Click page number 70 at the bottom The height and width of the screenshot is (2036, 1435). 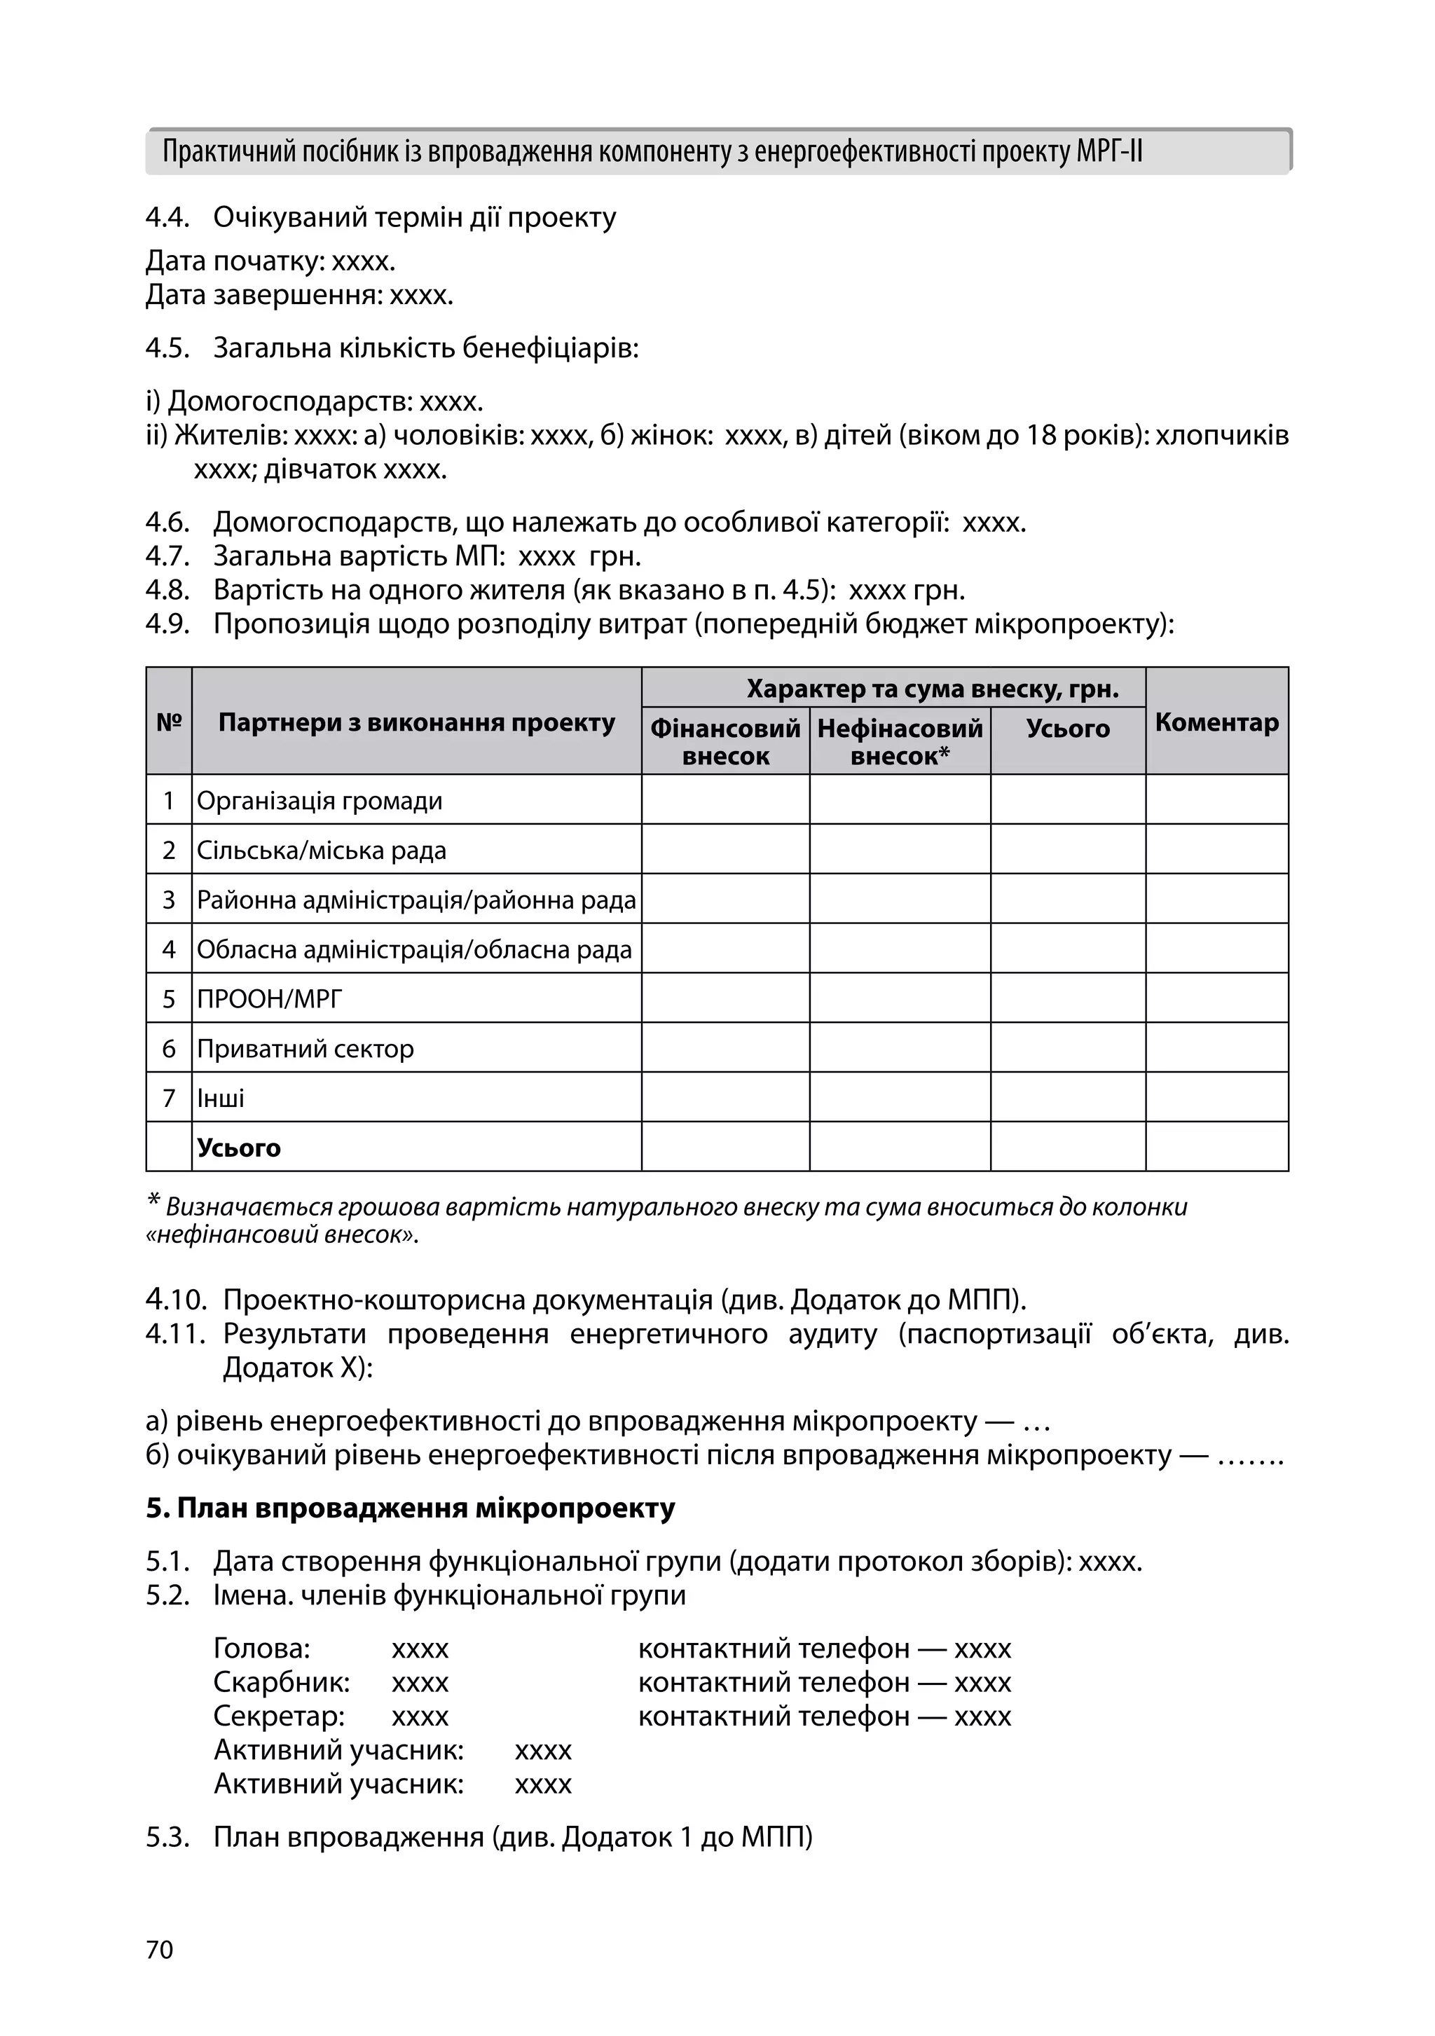pos(160,1949)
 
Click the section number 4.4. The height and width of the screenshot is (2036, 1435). pos(167,217)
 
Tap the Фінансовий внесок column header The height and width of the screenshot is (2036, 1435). pos(725,741)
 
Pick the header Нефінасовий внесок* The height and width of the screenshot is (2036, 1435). pos(899,741)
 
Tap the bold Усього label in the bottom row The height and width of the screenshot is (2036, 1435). pos(238,1148)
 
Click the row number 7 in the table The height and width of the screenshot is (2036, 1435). pos(168,1099)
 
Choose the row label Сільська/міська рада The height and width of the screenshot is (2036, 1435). pos(321,851)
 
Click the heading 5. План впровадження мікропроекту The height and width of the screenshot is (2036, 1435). pos(410,1508)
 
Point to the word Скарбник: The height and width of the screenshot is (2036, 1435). pos(281,1682)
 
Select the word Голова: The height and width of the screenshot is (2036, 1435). pos(261,1649)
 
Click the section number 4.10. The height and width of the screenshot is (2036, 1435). pos(176,1300)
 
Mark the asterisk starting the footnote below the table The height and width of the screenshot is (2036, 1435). pos(153,1202)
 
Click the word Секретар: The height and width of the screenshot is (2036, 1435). pos(278,1716)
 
